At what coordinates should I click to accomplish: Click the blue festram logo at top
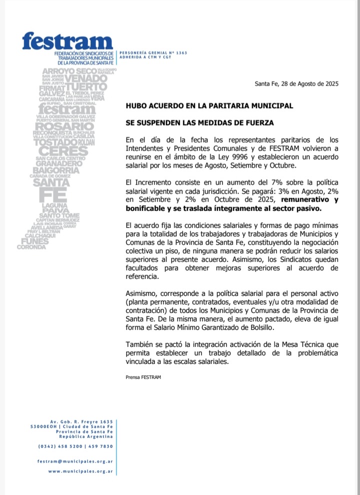67,41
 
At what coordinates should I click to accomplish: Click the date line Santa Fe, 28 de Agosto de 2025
296,83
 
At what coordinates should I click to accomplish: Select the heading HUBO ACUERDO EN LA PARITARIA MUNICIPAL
209,106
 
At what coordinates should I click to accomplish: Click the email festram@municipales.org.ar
75,460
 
